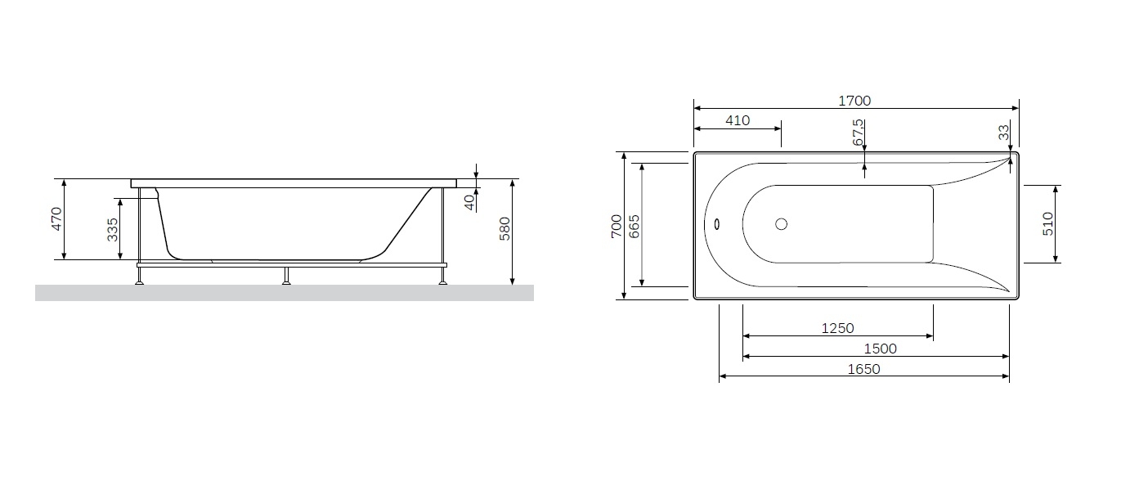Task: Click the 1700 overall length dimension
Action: click(x=854, y=101)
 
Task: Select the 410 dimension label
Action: click(x=738, y=120)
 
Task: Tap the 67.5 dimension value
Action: click(x=857, y=133)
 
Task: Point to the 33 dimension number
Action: click(x=1003, y=133)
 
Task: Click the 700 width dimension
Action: click(x=617, y=226)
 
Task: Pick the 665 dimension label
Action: click(x=634, y=227)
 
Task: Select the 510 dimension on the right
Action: click(x=1048, y=224)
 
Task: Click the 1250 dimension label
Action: click(x=837, y=329)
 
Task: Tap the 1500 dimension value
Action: click(x=880, y=349)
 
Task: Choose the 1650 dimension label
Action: click(x=863, y=369)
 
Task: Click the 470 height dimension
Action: click(x=56, y=218)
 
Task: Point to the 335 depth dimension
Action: click(x=112, y=230)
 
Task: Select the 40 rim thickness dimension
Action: click(x=469, y=203)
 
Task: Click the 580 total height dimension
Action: click(x=504, y=229)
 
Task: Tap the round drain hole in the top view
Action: click(x=781, y=224)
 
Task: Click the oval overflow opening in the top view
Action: click(x=717, y=224)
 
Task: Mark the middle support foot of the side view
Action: click(x=286, y=276)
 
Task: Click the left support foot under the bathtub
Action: click(x=139, y=276)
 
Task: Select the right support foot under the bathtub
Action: click(x=443, y=276)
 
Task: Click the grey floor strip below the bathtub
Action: click(x=285, y=293)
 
